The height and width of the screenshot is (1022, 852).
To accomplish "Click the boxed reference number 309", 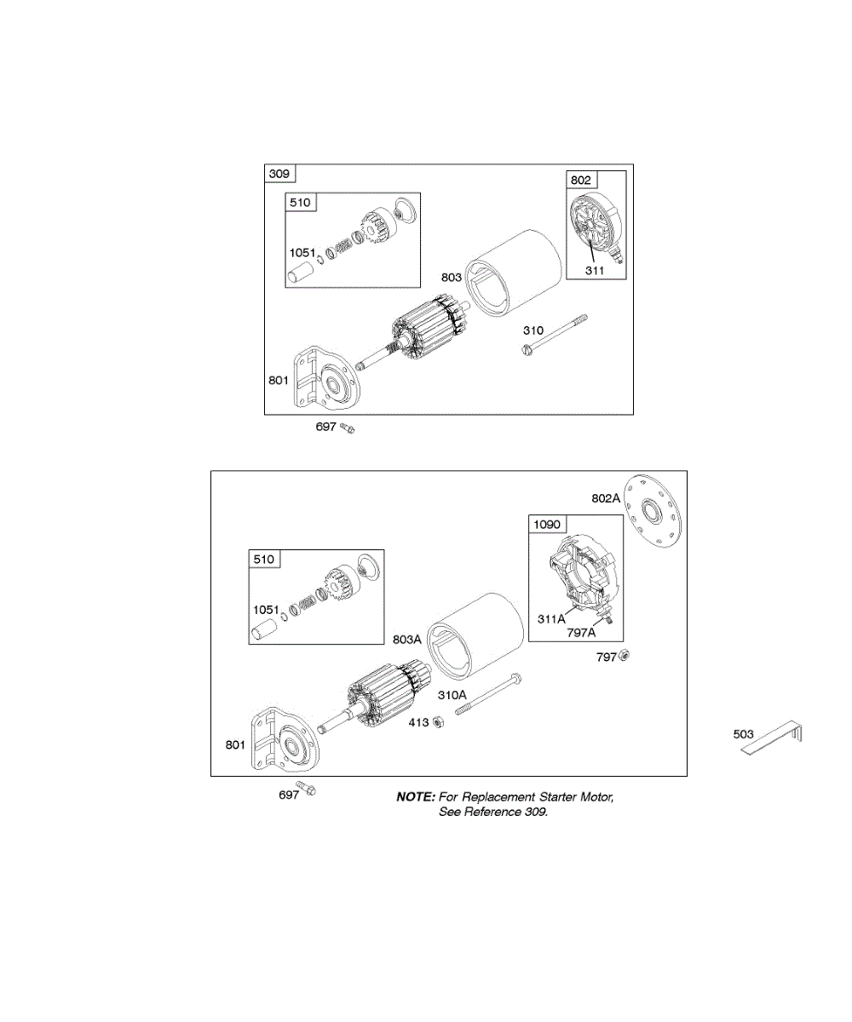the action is [x=279, y=175].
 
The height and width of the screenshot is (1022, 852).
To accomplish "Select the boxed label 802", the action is [x=582, y=180].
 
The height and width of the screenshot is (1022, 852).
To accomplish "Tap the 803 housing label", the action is [x=452, y=278].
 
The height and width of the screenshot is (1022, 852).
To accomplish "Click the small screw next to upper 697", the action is [x=348, y=428].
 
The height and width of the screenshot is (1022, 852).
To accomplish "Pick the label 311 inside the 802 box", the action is [x=594, y=271].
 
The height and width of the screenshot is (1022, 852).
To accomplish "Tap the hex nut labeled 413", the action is [x=437, y=723].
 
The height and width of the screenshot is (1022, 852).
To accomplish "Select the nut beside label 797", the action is [x=623, y=656].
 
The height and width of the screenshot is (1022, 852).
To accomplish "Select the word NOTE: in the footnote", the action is [x=416, y=797].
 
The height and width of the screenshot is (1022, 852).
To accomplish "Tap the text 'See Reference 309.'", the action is [x=493, y=812].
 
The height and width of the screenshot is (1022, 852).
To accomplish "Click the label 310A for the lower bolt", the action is [x=453, y=695].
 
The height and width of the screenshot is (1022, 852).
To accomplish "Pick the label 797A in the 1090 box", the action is [x=581, y=633].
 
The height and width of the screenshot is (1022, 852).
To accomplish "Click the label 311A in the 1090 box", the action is [x=552, y=618].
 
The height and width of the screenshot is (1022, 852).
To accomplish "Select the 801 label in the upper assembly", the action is [x=279, y=380].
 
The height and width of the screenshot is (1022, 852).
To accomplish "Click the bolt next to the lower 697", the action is [x=308, y=789].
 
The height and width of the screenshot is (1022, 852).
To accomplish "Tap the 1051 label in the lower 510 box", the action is [x=266, y=610].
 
